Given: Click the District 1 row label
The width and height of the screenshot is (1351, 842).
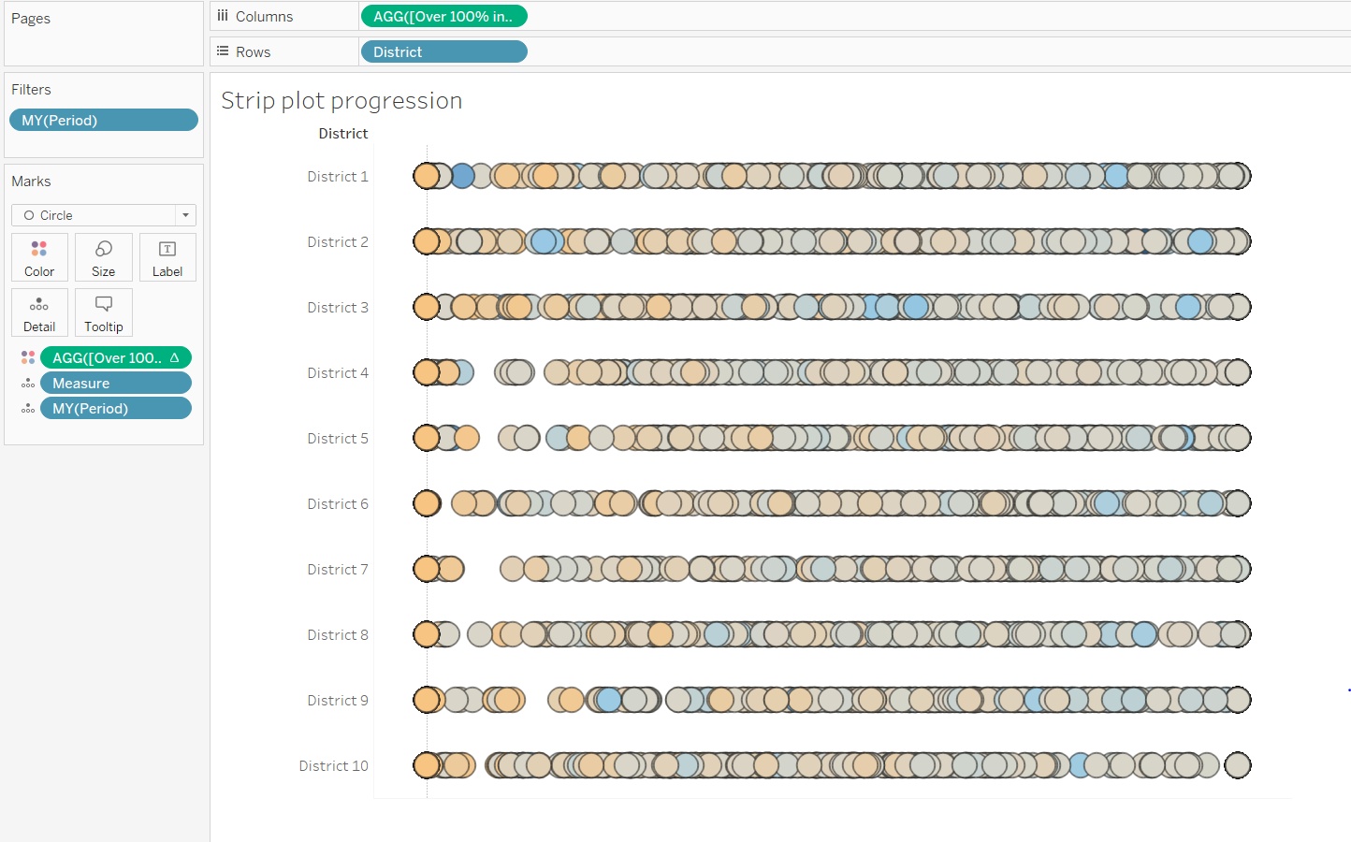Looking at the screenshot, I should tap(337, 176).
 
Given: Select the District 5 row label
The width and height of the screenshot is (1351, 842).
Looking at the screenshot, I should tap(337, 438).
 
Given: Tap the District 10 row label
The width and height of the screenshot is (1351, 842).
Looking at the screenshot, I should tap(333, 765).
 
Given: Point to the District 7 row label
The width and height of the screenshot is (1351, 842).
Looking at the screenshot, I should tap(337, 569).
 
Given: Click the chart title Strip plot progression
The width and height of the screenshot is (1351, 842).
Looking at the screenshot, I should tap(341, 100).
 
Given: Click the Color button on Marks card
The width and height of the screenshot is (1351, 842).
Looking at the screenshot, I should tap(39, 257).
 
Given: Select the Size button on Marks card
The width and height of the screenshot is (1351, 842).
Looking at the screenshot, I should tap(104, 257).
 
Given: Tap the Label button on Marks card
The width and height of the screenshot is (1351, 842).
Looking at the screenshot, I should tap(167, 257).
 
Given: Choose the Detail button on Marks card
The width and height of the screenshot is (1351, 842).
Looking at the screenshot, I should tap(39, 312).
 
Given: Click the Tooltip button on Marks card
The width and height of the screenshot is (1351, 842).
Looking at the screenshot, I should tap(104, 312).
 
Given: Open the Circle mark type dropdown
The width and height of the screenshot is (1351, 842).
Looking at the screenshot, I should tap(103, 215).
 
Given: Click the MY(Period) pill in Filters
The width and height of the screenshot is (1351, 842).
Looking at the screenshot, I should tap(103, 120).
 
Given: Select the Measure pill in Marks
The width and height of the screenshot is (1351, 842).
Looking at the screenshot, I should tap(115, 383).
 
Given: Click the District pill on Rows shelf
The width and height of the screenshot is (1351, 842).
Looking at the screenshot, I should tap(443, 51).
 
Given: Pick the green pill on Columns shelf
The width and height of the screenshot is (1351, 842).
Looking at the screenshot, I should tap(443, 16).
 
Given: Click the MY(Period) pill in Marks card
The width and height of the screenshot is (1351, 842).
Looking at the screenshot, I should tap(115, 408).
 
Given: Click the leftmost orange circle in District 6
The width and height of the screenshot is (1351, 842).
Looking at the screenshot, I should tap(427, 503).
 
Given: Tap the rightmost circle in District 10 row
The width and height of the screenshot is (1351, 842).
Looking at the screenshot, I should tap(1238, 765).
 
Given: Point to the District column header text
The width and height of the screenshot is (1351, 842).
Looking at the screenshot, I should tap(342, 134).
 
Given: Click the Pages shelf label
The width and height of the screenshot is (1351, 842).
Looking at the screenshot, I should tap(31, 18).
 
